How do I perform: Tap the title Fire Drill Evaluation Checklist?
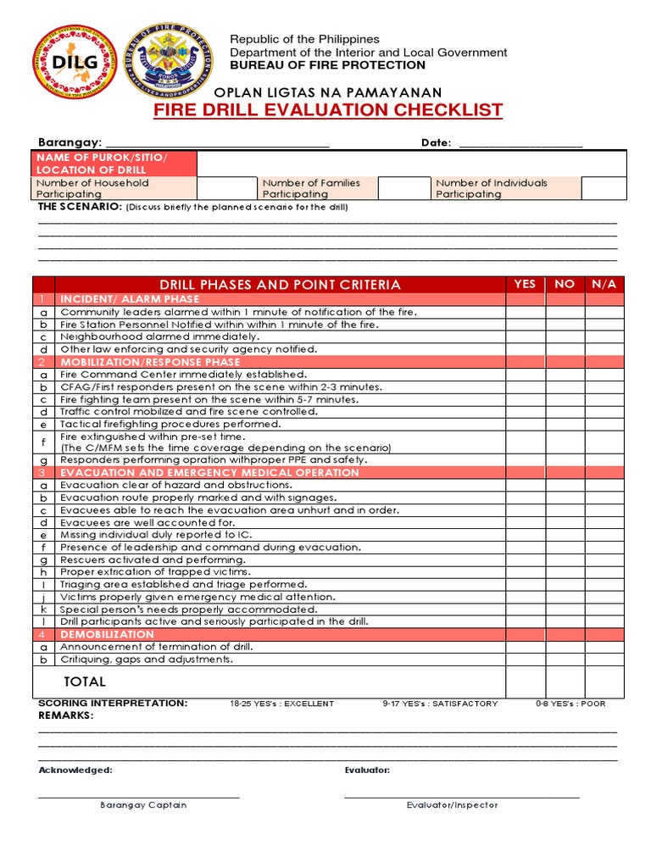coord(328,111)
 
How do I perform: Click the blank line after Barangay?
coord(216,144)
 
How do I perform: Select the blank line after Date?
coord(520,144)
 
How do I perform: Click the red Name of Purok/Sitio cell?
coord(114,164)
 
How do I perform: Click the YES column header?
coord(525,284)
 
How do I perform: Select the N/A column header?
coord(604,284)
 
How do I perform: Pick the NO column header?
coord(565,284)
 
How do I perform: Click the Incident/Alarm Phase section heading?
coord(130,299)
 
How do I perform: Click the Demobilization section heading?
coord(107,634)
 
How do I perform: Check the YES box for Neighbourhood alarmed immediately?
coord(525,337)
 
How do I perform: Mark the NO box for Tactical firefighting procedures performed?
coord(565,424)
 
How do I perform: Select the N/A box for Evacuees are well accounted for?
coord(604,522)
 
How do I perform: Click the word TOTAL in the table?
coord(85,682)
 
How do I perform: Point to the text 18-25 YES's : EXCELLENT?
coord(282,704)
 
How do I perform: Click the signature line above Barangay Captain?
coord(139,796)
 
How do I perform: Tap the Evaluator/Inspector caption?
coord(452,805)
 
